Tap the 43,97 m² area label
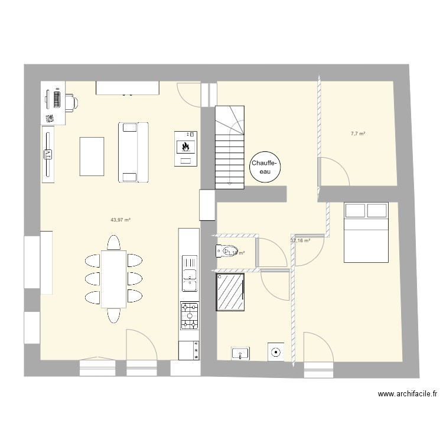tap(120, 220)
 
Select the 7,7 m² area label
tap(358, 134)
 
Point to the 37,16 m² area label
tap(301, 240)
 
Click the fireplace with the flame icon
tap(185, 148)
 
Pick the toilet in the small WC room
tap(227, 252)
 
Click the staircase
tap(229, 148)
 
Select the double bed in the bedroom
tap(366, 231)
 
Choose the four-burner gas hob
tap(190, 315)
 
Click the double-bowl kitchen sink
tap(190, 273)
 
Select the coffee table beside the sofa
tap(92, 156)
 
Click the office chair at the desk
tap(71, 102)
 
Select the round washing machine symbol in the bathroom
tap(275, 353)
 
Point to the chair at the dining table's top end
tap(113, 242)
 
